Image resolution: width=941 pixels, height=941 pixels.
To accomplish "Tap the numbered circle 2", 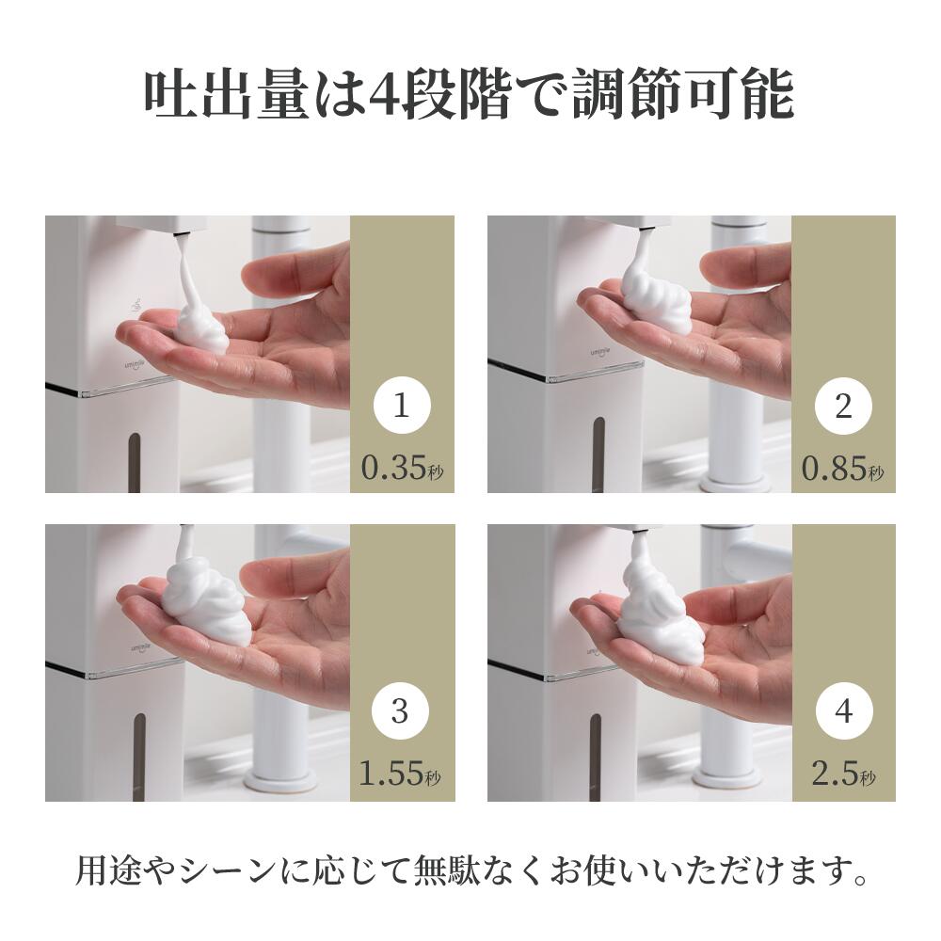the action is pyautogui.click(x=842, y=407).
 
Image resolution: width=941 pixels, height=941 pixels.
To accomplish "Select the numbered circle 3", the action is pyautogui.click(x=400, y=710).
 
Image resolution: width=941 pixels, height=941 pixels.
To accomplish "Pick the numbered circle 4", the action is pyautogui.click(x=843, y=710).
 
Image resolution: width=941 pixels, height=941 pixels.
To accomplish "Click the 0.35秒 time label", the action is pyautogui.click(x=402, y=468).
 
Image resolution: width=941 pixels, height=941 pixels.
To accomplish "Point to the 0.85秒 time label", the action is pyautogui.click(x=842, y=468).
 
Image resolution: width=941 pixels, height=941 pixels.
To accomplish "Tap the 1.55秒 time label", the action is pyautogui.click(x=400, y=773).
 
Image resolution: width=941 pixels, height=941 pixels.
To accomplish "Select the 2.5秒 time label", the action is pyautogui.click(x=843, y=773).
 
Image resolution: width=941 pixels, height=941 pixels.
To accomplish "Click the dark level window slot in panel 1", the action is pyautogui.click(x=135, y=463).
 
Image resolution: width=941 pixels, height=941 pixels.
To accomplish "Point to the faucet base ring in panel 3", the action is pyautogui.click(x=279, y=783).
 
